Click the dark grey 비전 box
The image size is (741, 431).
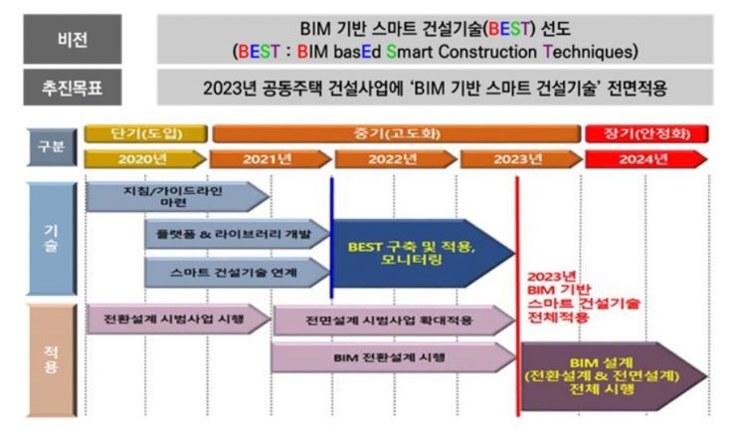[x=73, y=39]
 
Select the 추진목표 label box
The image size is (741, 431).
[x=73, y=88]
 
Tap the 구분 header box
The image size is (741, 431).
[x=52, y=146]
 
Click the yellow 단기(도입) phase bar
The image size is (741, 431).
[x=145, y=133]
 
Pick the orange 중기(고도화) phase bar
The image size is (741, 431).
[x=397, y=133]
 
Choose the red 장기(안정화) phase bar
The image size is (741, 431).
[x=647, y=133]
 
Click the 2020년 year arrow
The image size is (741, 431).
[x=145, y=159]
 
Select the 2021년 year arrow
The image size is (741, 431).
[x=271, y=159]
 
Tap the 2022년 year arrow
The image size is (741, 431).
[x=396, y=159]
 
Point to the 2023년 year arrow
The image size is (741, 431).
[x=521, y=159]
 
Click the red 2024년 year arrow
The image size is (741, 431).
[x=646, y=159]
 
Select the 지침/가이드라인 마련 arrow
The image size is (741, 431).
[x=178, y=197]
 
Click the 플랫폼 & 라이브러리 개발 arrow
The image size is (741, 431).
[x=238, y=234]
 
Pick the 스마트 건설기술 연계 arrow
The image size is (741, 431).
[x=238, y=273]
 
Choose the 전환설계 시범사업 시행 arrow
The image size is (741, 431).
[x=179, y=319]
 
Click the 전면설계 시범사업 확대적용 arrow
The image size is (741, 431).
[x=394, y=321]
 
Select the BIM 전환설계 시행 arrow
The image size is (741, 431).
[x=393, y=357]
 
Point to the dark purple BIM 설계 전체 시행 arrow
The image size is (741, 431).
[x=615, y=376]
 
